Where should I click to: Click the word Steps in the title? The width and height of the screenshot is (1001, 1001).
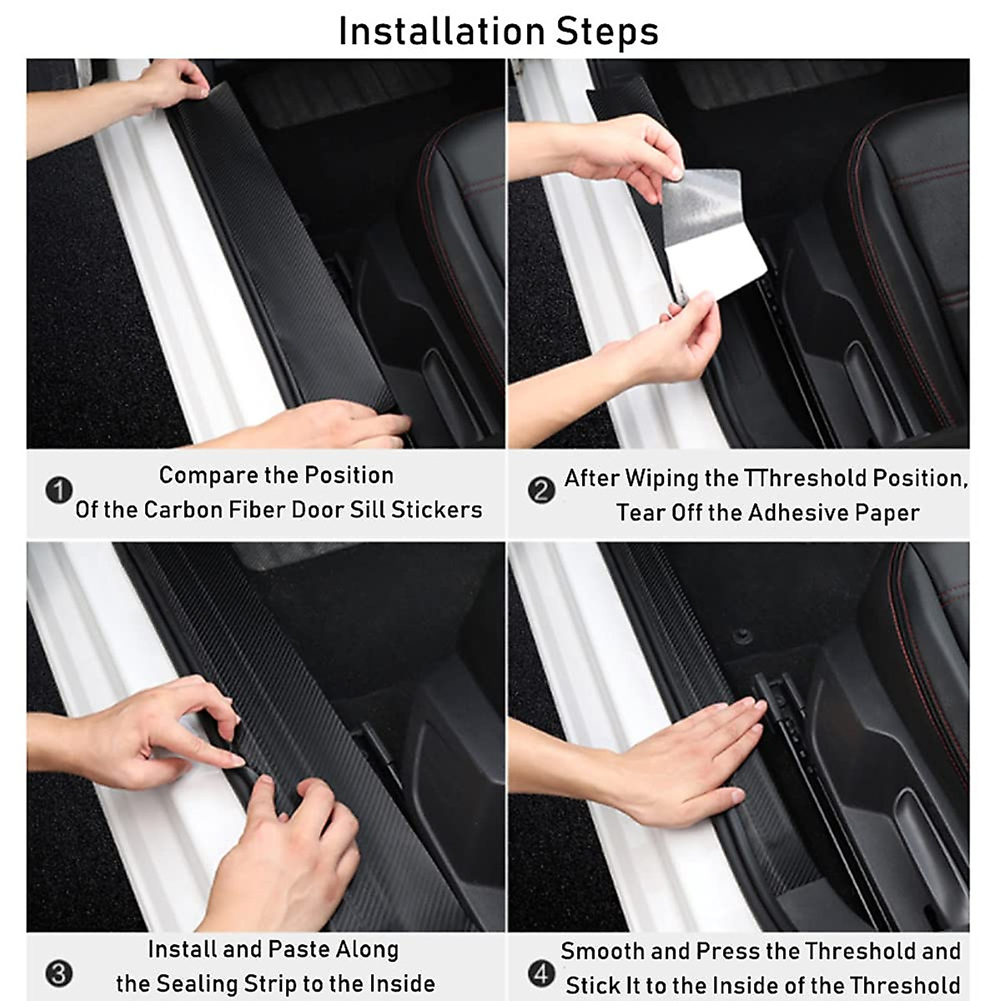[x=607, y=32]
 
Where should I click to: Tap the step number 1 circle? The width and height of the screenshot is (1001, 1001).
[x=58, y=490]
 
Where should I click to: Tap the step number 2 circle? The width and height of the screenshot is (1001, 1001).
[x=541, y=490]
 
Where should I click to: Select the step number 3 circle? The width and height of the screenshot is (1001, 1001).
[x=58, y=973]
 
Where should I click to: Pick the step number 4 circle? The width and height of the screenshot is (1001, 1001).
[x=541, y=973]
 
